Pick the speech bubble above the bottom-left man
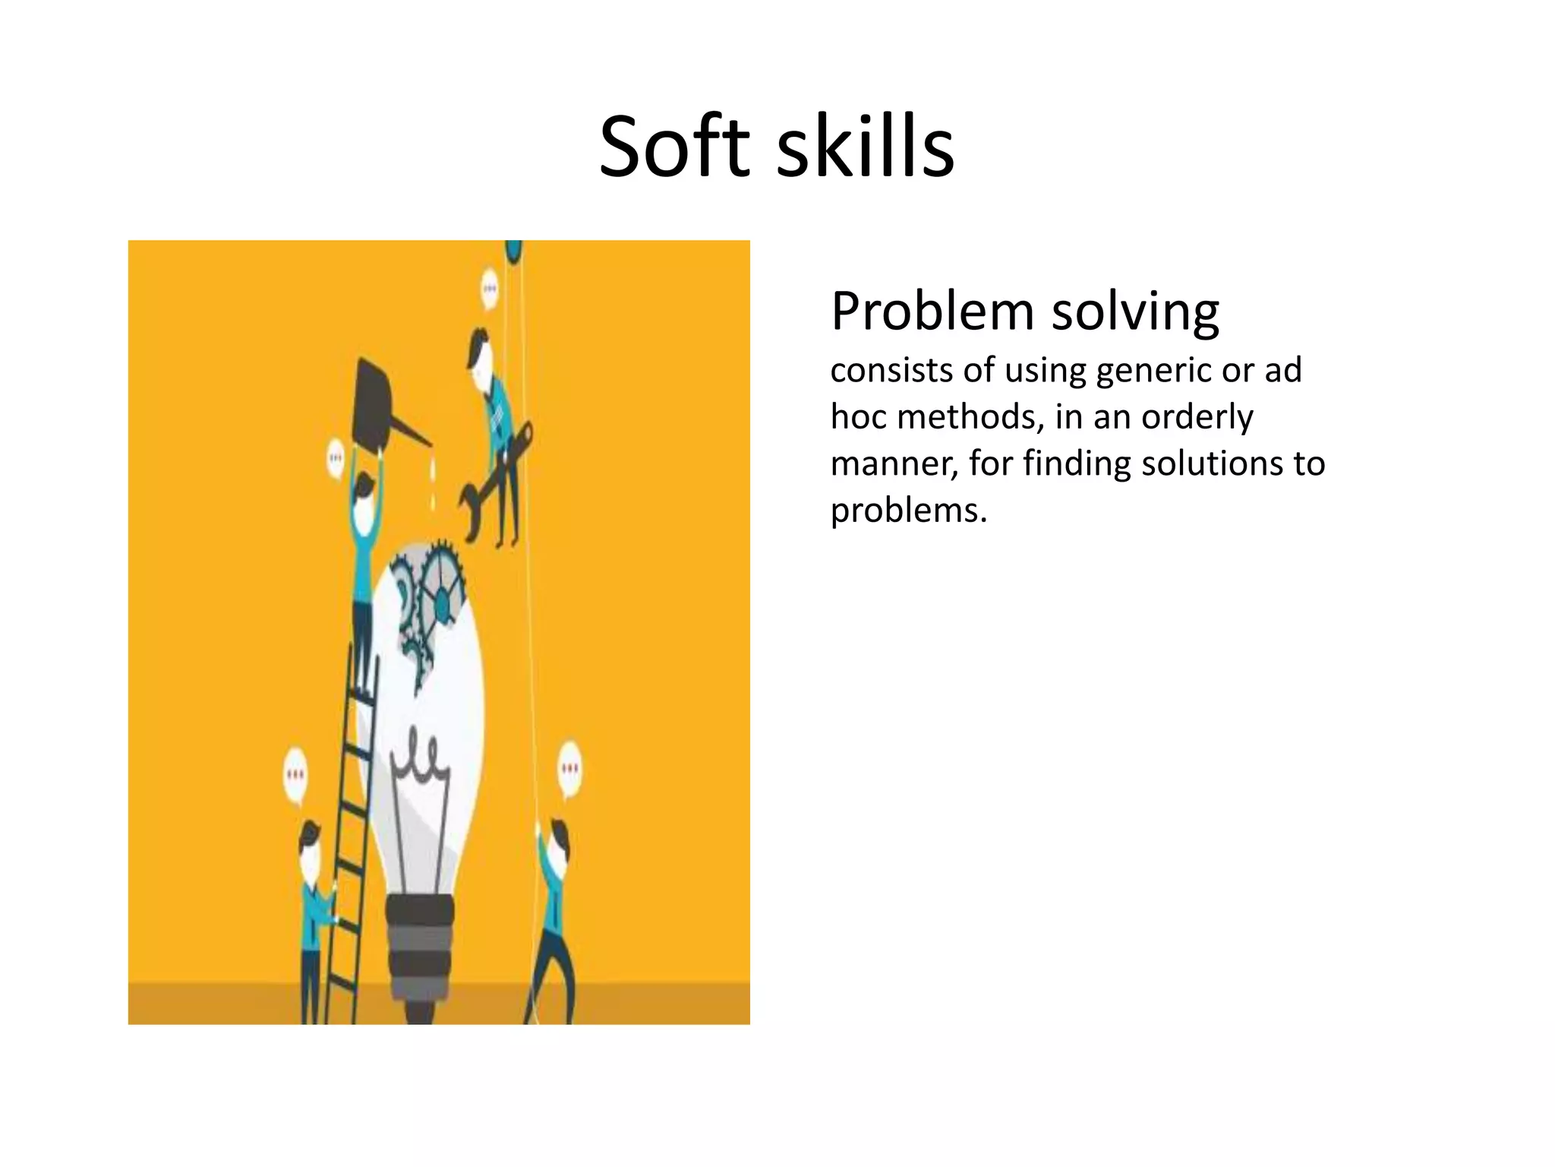click(295, 776)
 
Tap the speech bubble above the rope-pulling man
click(569, 769)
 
